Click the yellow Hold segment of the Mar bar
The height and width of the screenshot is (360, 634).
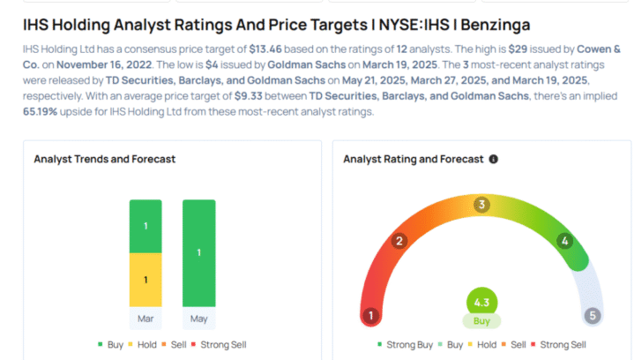(x=146, y=280)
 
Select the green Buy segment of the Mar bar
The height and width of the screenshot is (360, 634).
(x=146, y=226)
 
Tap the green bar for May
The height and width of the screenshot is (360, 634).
(x=198, y=252)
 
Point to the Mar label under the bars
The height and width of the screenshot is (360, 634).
(x=146, y=317)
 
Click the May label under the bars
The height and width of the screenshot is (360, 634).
(x=198, y=317)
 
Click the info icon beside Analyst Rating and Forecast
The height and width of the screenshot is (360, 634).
(x=493, y=160)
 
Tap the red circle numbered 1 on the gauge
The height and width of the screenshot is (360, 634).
(x=372, y=316)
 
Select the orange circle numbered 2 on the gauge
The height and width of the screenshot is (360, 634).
(x=399, y=241)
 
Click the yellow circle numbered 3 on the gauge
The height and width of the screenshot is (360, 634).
(x=481, y=205)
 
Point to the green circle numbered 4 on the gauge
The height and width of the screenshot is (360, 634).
(x=564, y=241)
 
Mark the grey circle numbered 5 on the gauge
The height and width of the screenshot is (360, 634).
(x=593, y=316)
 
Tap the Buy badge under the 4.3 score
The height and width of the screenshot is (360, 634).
(x=481, y=321)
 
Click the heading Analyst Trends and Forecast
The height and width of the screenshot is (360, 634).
(x=105, y=159)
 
